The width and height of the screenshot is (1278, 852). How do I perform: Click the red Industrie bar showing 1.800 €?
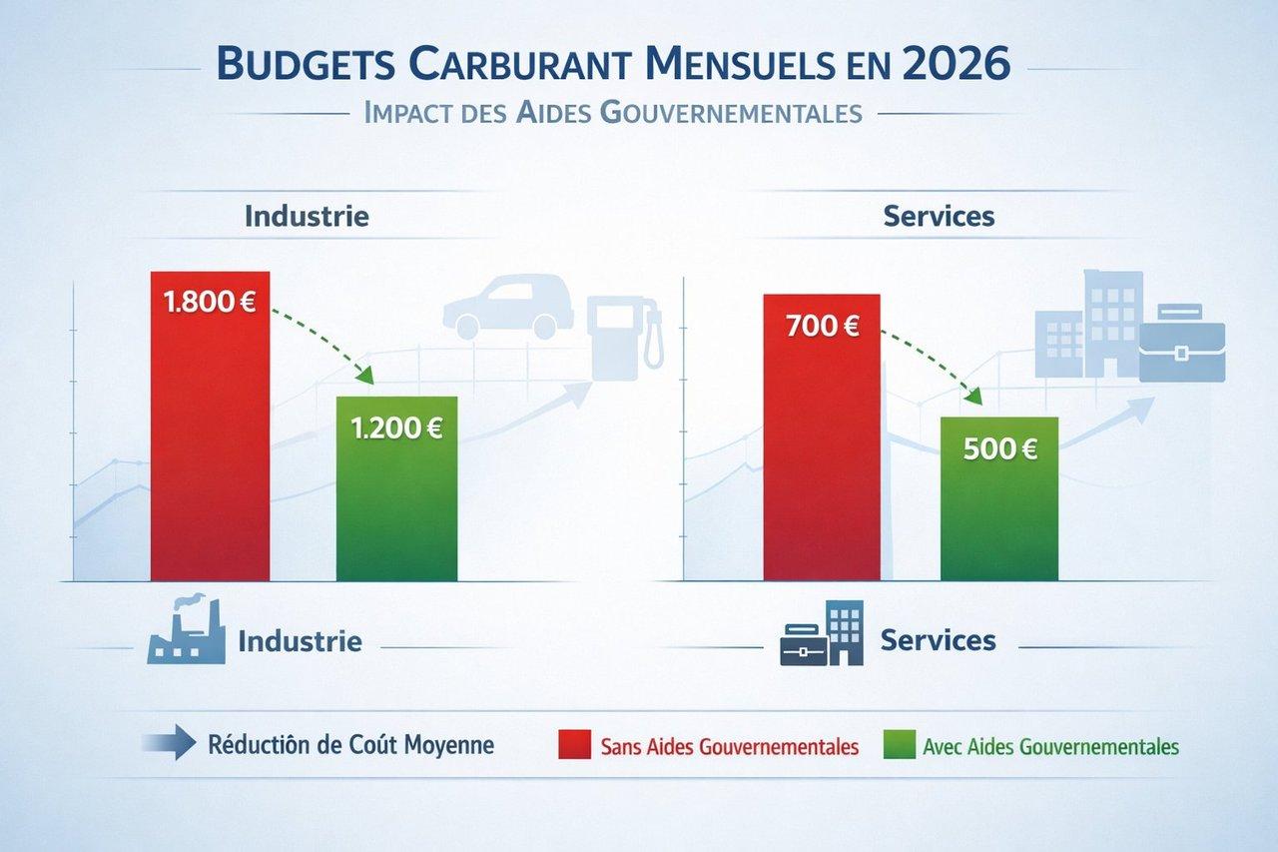tap(210, 449)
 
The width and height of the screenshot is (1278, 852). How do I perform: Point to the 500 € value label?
tap(1000, 449)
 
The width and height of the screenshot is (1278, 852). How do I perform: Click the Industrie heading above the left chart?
tap(307, 216)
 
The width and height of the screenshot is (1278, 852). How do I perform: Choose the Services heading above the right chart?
tap(939, 216)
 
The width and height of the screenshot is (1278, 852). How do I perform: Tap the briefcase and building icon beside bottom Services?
tap(821, 634)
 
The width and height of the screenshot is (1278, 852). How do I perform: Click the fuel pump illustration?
tap(624, 335)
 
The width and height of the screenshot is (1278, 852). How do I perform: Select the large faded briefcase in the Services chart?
tap(1181, 345)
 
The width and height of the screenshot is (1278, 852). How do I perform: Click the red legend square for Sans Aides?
tap(575, 745)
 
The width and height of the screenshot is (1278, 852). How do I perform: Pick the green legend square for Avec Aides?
tap(900, 745)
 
